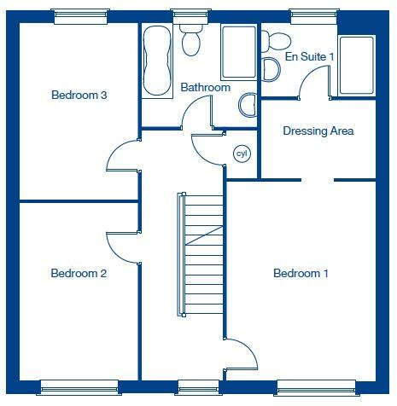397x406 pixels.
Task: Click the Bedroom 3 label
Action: point(79,96)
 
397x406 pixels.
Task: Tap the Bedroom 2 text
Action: point(79,274)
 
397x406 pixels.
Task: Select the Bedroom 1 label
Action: point(301,274)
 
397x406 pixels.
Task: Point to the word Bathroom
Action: point(205,88)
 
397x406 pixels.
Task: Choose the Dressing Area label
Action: point(318,131)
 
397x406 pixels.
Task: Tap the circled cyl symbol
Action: point(242,154)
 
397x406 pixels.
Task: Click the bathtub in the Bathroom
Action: point(156,60)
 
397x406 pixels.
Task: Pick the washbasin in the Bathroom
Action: point(247,105)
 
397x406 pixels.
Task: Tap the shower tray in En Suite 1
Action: point(357,65)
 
